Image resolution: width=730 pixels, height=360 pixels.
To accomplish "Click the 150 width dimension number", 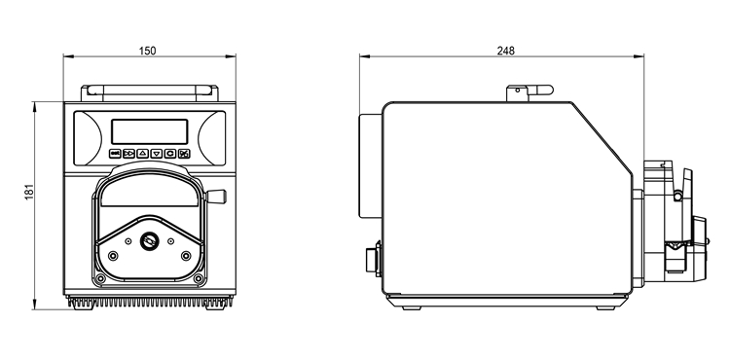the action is pyautogui.click(x=148, y=51).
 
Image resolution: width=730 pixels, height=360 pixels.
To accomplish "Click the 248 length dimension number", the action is pyautogui.click(x=505, y=51).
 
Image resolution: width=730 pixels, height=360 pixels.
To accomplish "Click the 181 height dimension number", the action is pyautogui.click(x=29, y=192).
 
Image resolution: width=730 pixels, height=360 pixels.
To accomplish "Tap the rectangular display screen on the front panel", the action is pyautogui.click(x=150, y=131).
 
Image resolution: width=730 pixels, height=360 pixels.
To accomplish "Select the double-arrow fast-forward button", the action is pyautogui.click(x=128, y=154).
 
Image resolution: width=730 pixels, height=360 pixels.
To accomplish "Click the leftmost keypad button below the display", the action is pyautogui.click(x=115, y=154).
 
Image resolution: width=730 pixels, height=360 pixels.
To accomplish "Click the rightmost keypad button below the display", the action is pyautogui.click(x=184, y=154).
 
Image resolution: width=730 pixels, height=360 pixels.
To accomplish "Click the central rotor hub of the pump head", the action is pyautogui.click(x=150, y=241).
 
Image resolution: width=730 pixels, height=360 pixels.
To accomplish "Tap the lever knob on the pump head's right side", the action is pyautogui.click(x=216, y=197).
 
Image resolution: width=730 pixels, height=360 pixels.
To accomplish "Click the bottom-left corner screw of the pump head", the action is pyautogui.click(x=100, y=278).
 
